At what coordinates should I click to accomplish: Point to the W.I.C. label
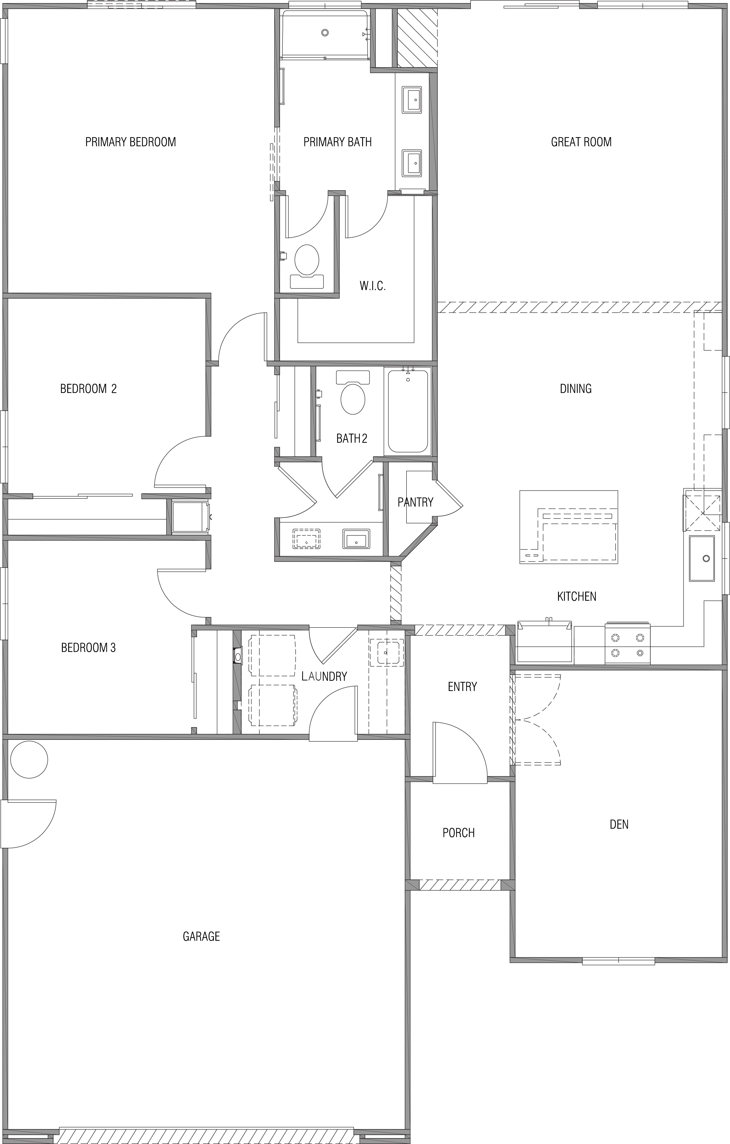click(x=372, y=286)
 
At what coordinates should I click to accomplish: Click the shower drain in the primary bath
click(x=325, y=33)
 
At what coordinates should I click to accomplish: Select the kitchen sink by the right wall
click(x=702, y=558)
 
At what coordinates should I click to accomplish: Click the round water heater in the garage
click(x=29, y=760)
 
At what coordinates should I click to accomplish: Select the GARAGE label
click(x=201, y=936)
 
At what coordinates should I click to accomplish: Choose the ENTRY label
click(x=462, y=687)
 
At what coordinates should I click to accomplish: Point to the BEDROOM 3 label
click(x=89, y=647)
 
